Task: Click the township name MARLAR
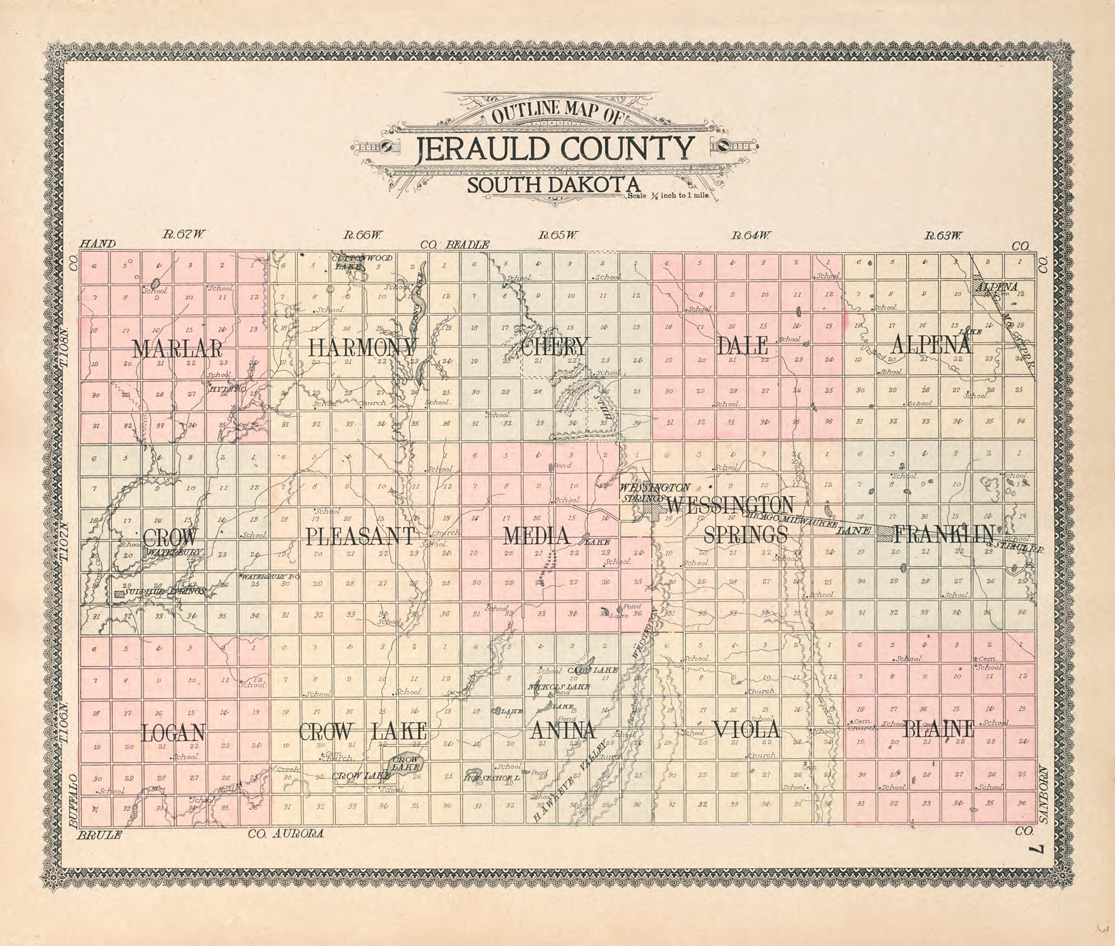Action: (x=176, y=349)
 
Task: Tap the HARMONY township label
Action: (x=362, y=347)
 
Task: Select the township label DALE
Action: (x=742, y=346)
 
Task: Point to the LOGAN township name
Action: (x=173, y=732)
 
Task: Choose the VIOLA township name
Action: (x=746, y=729)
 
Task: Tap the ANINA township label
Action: (x=562, y=731)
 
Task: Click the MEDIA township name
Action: (x=536, y=536)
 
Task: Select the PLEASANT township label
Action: (x=360, y=536)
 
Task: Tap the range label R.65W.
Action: (x=558, y=235)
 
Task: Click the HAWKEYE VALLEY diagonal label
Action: (x=571, y=783)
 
